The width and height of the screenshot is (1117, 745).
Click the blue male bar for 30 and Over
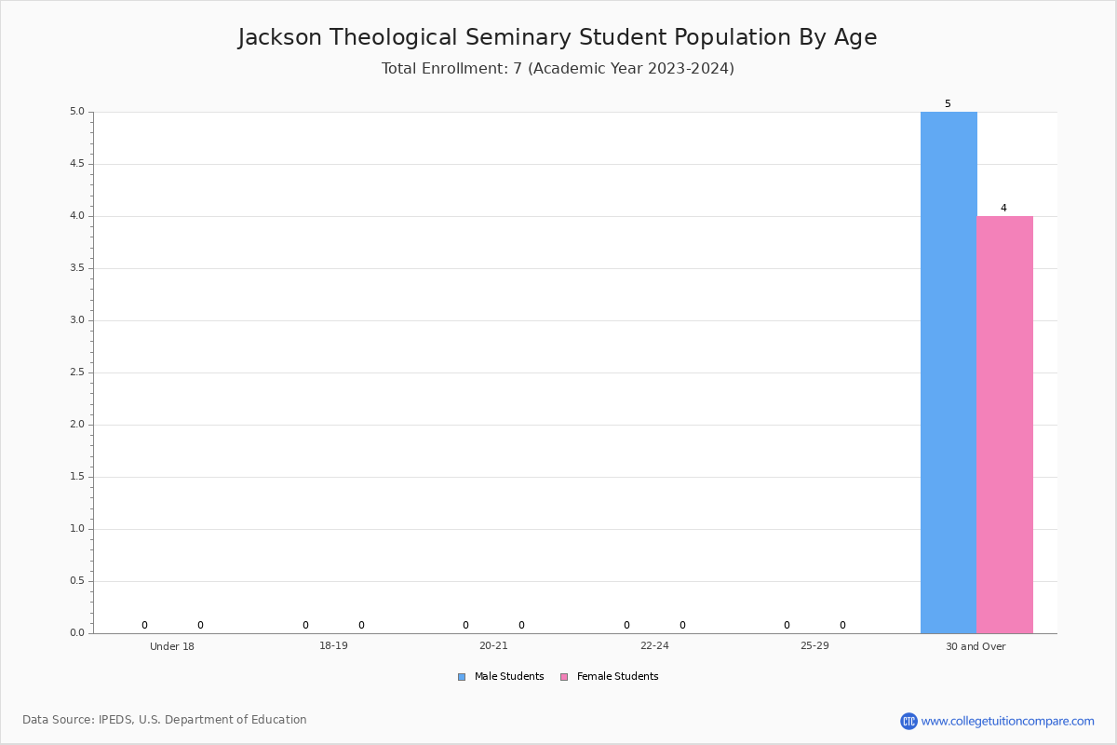[949, 372]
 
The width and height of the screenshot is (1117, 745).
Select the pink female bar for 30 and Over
[1004, 425]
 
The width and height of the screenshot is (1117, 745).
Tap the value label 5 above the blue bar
[948, 103]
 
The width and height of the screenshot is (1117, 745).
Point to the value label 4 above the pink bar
[1003, 208]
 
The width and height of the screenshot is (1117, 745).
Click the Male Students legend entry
[501, 676]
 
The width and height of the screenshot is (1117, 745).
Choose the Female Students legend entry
[610, 676]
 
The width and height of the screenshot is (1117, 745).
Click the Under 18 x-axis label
[172, 646]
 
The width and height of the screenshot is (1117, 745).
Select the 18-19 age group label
[333, 645]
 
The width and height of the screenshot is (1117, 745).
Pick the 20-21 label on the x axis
[493, 645]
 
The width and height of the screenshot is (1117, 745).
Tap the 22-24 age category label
[654, 645]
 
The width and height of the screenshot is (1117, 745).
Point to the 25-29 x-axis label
[814, 645]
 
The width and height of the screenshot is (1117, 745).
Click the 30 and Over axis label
[976, 646]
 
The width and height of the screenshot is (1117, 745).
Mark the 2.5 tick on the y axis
[77, 372]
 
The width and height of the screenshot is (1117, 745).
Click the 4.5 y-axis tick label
[77, 164]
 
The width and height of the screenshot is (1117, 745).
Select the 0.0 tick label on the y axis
[77, 632]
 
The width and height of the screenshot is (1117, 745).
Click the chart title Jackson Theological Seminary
[558, 37]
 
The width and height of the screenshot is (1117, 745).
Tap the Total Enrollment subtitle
[558, 68]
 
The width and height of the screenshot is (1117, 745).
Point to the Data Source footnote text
[165, 720]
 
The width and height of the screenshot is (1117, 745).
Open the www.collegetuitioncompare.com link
[1008, 721]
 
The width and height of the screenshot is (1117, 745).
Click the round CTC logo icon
[908, 721]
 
